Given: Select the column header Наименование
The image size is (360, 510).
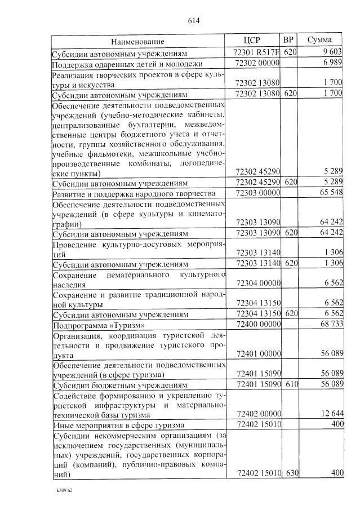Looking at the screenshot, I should coord(137,41).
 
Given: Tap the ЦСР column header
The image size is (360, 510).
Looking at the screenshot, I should coord(252,41).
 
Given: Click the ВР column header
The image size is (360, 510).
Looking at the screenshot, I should coord(288,41).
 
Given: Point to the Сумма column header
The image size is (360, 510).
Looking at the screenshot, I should coord(319,41).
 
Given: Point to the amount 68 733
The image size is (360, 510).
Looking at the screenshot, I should coord(330,326).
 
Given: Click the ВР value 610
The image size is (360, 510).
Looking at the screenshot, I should coord(290,385).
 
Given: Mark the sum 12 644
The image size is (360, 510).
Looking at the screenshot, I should coord(330,413).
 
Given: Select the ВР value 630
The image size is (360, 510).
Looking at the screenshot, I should coord(290,473).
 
